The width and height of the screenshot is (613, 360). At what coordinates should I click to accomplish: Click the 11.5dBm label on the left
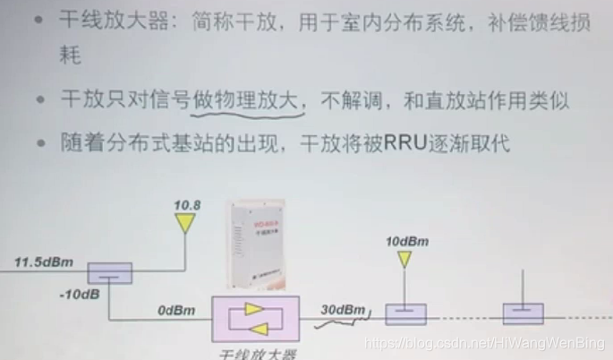tap(43, 263)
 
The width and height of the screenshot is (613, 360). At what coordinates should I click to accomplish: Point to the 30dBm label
tap(343, 310)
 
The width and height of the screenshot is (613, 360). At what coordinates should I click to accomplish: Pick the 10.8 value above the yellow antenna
tap(187, 205)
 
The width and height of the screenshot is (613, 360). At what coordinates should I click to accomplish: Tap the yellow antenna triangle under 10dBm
tap(406, 260)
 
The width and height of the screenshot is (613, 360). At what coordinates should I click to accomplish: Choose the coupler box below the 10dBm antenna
tap(406, 314)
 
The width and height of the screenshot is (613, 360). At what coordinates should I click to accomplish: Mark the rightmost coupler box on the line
tap(523, 314)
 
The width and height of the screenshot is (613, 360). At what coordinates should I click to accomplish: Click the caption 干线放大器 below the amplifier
tap(259, 353)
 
